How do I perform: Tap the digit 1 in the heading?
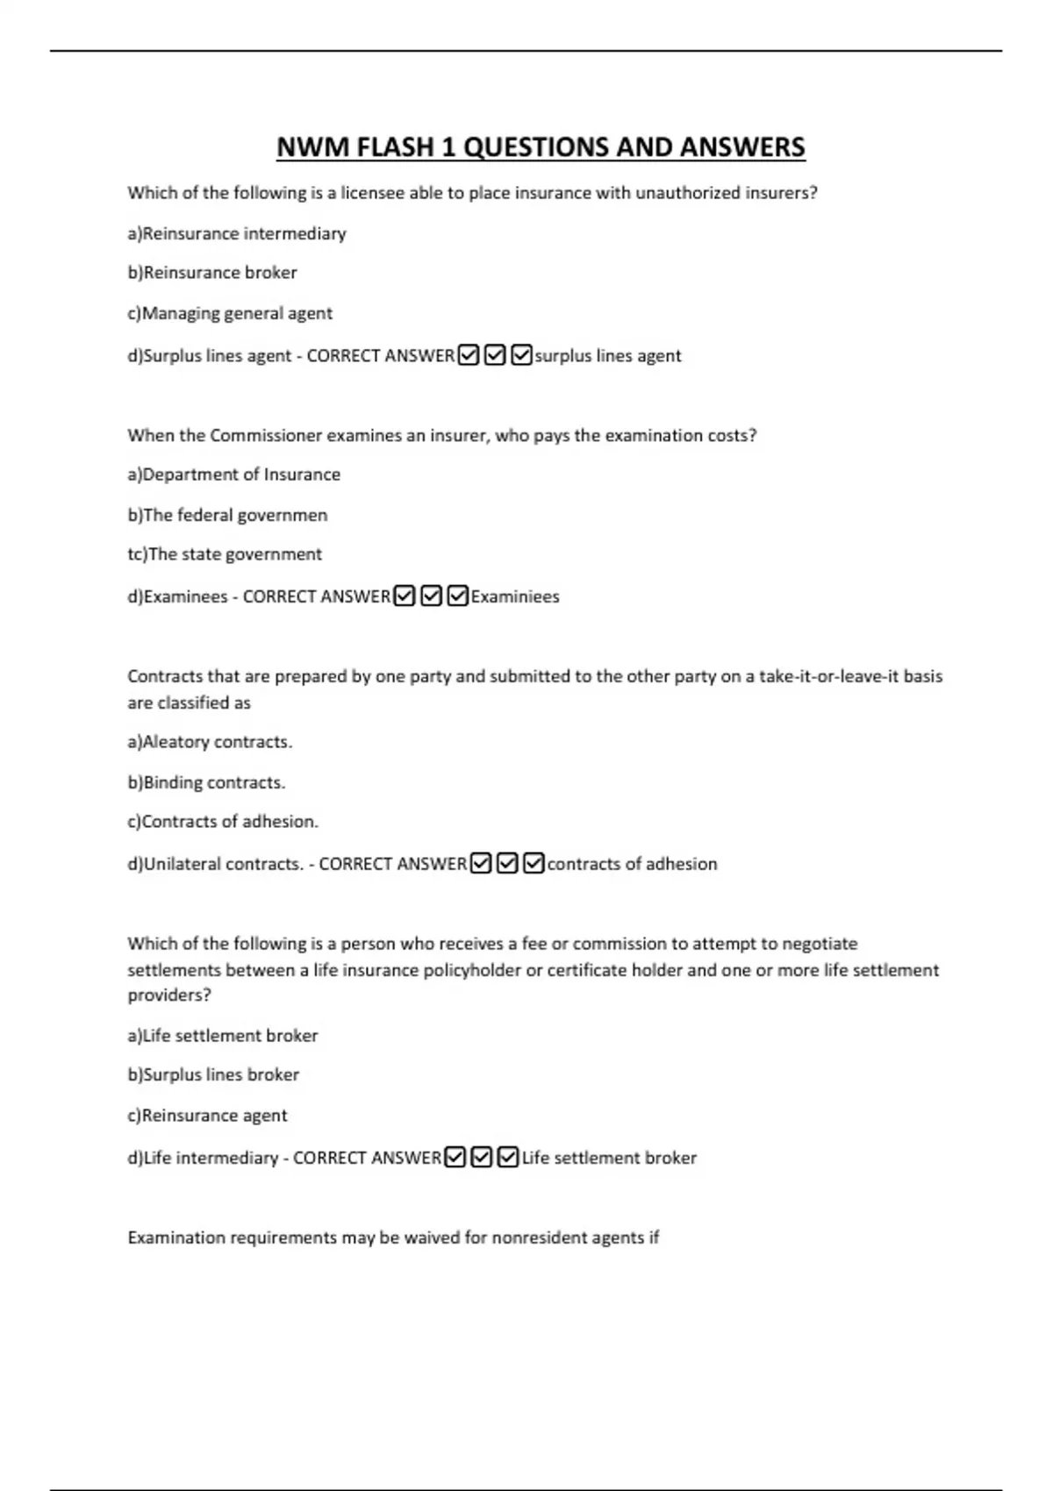pyautogui.click(x=448, y=147)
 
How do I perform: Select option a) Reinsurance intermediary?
pyautogui.click(x=237, y=233)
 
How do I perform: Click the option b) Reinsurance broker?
pyautogui.click(x=212, y=273)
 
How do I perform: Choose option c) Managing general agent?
pyautogui.click(x=230, y=313)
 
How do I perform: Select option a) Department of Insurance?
pyautogui.click(x=234, y=474)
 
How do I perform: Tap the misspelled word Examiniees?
pyautogui.click(x=515, y=596)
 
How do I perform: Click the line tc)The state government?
pyautogui.click(x=225, y=554)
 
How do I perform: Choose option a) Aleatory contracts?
pyautogui.click(x=210, y=742)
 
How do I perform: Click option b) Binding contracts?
pyautogui.click(x=206, y=782)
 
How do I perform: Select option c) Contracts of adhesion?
pyautogui.click(x=223, y=822)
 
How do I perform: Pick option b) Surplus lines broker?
pyautogui.click(x=213, y=1074)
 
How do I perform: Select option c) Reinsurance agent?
pyautogui.click(x=207, y=1116)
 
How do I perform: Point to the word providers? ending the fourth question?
pyautogui.click(x=169, y=995)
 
